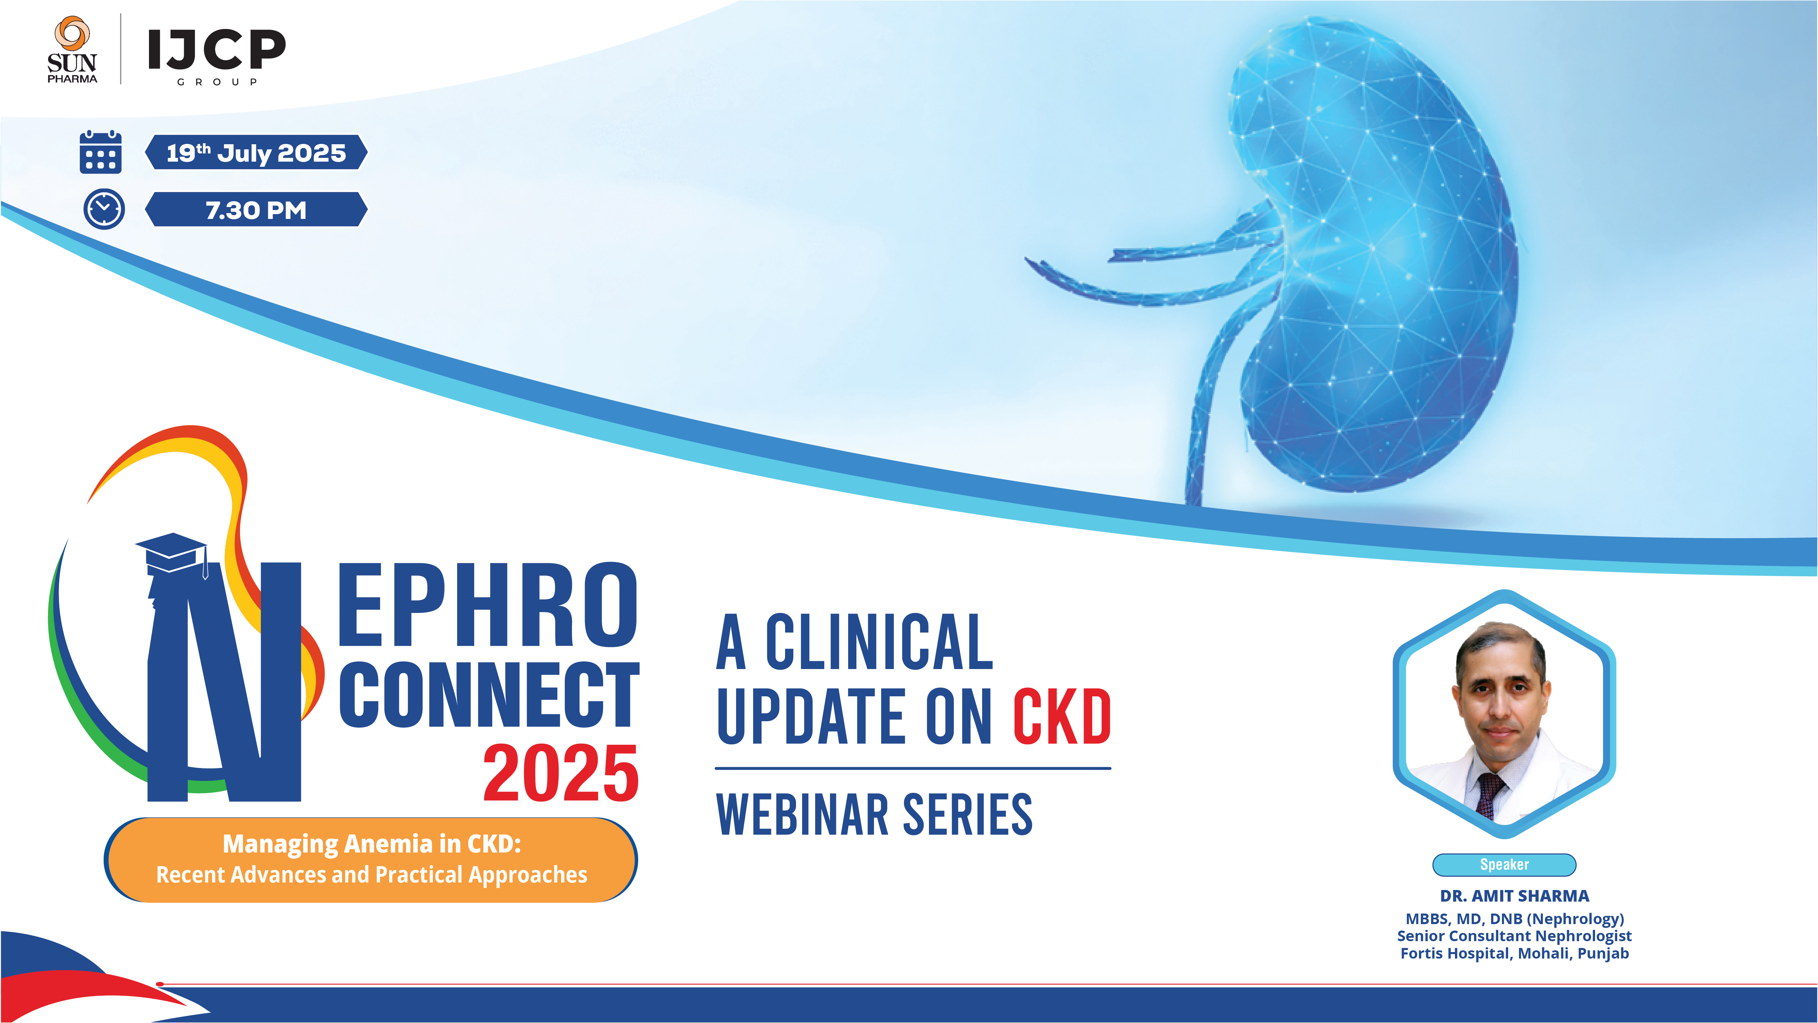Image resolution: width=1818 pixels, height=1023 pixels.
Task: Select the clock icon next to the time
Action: pos(104,209)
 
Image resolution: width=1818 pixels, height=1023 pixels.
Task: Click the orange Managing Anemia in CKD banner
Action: pos(371,859)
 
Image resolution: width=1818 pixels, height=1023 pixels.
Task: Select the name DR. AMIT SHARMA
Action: pos(1515,896)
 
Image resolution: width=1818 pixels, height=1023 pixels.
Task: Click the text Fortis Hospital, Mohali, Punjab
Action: pos(1515,954)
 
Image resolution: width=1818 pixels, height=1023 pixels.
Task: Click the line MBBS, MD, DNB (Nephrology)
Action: pos(1515,919)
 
